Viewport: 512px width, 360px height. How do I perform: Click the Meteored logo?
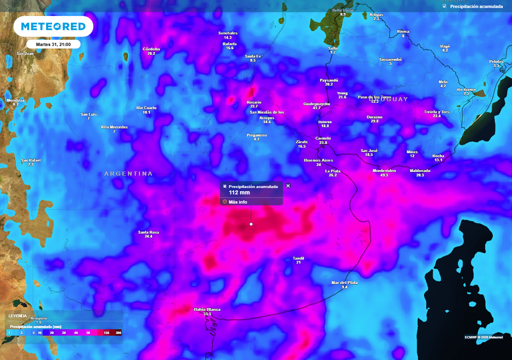(53, 26)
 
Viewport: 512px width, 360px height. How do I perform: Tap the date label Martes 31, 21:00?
(53, 44)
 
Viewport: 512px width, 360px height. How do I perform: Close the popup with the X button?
(288, 185)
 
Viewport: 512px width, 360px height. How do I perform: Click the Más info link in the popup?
(237, 202)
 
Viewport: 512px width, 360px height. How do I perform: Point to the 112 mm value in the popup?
(239, 192)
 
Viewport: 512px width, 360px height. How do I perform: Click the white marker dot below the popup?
(251, 224)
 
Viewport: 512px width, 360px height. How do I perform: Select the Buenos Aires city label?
(318, 160)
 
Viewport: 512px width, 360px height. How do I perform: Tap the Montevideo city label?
(384, 170)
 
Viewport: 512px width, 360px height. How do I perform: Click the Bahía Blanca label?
(207, 309)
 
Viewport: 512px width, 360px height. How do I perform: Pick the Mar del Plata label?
(344, 282)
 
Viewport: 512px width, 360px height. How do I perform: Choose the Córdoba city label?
(151, 49)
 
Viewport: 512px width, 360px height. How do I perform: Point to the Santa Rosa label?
(148, 232)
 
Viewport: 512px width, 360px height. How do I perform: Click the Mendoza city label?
(15, 100)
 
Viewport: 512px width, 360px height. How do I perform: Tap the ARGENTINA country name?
(128, 173)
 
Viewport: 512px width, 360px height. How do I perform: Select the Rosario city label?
(254, 102)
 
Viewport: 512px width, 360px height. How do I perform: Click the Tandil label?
(298, 258)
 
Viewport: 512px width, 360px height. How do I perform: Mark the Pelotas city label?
(496, 61)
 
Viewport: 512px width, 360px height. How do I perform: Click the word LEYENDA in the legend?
(17, 316)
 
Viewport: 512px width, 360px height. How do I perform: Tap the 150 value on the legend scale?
(106, 332)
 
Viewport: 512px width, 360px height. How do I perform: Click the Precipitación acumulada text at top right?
(476, 6)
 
